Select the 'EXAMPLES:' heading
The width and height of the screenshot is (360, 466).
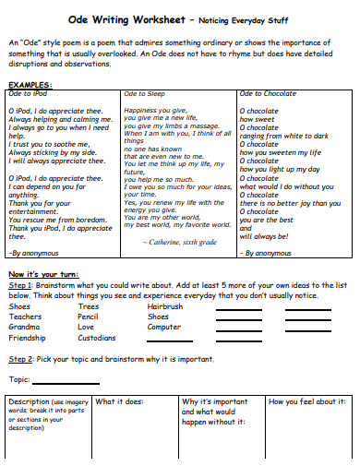[x=31, y=84]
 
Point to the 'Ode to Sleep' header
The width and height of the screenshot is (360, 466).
[x=146, y=93]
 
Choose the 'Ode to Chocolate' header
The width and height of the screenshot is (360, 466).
[x=269, y=93]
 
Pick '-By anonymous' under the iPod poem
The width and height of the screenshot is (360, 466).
[x=33, y=252]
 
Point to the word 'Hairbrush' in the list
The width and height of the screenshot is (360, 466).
[x=166, y=305]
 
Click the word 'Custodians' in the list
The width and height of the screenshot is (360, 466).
[x=98, y=338]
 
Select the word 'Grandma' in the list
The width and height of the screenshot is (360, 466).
[x=24, y=327]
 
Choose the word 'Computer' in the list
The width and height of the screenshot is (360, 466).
[x=164, y=327]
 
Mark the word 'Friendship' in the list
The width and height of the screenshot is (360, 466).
[x=28, y=338]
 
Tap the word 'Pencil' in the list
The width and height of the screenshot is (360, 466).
[x=89, y=317]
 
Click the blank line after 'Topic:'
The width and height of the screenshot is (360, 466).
[x=66, y=381]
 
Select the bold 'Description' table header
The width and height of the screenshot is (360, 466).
[x=28, y=402]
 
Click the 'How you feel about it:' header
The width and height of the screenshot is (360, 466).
[x=306, y=402]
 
